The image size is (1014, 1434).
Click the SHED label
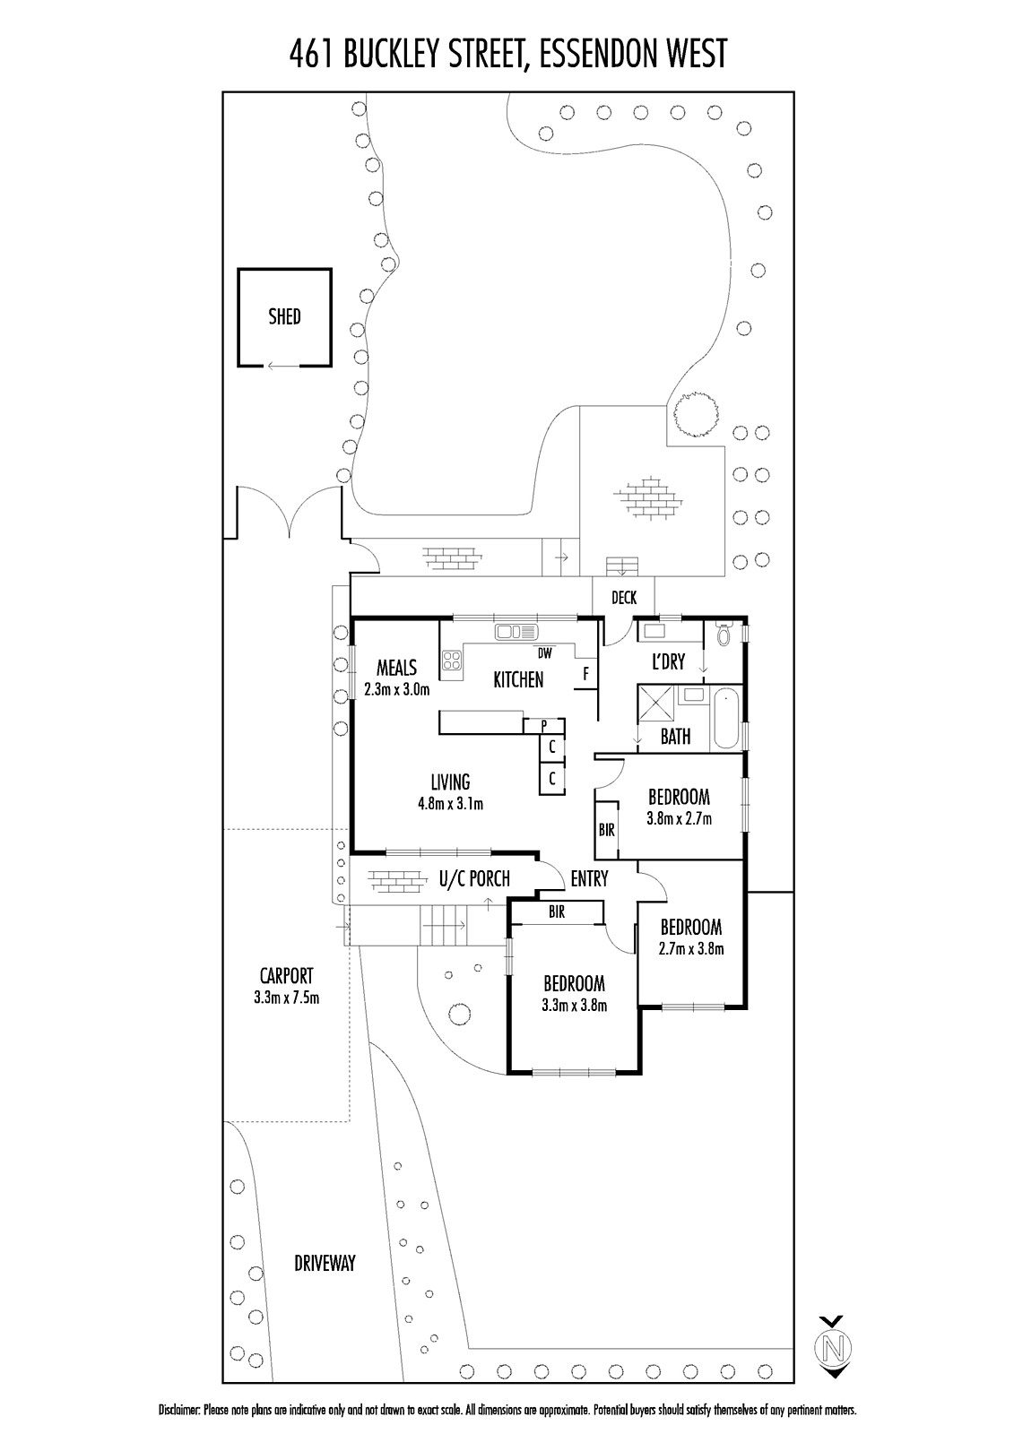[x=284, y=316]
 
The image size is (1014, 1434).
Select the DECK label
[x=623, y=598]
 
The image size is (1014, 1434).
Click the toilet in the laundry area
[x=725, y=635]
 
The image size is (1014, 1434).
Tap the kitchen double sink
[x=516, y=632]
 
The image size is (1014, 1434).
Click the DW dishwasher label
[x=545, y=652]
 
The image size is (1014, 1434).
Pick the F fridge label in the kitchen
[x=586, y=673]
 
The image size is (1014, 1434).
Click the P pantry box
[x=543, y=725]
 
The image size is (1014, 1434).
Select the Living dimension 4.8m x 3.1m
[x=450, y=804]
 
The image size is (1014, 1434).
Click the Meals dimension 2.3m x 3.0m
[x=396, y=690]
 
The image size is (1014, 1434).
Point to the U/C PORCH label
[x=474, y=879]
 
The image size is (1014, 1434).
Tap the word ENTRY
[x=589, y=879]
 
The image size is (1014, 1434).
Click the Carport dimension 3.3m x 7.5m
[x=286, y=997]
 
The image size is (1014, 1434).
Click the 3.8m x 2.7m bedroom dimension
[x=679, y=818]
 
